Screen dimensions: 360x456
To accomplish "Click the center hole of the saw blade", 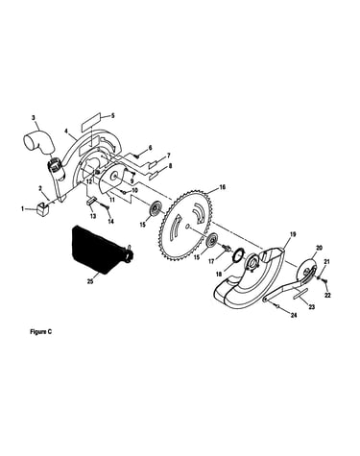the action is pyautogui.click(x=187, y=227).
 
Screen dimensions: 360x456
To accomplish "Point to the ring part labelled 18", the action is pyautogui.click(x=238, y=255).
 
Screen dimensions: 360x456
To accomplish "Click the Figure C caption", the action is pyautogui.click(x=40, y=332).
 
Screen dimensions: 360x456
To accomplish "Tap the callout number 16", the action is pyautogui.click(x=222, y=187).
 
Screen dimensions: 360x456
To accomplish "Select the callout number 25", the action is pyautogui.click(x=90, y=281).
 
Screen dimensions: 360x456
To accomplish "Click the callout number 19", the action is pyautogui.click(x=293, y=234).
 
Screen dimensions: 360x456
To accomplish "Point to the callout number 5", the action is pyautogui.click(x=112, y=116).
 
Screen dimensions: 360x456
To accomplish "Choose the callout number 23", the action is pyautogui.click(x=311, y=307).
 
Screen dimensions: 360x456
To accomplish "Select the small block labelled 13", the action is pyautogui.click(x=91, y=203).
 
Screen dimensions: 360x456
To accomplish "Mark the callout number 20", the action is pyautogui.click(x=319, y=248).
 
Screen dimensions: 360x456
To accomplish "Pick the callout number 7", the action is pyautogui.click(x=169, y=156).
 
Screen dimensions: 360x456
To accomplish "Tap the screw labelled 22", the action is pyautogui.click(x=325, y=281).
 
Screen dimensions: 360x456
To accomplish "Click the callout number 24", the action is pyautogui.click(x=294, y=315).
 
